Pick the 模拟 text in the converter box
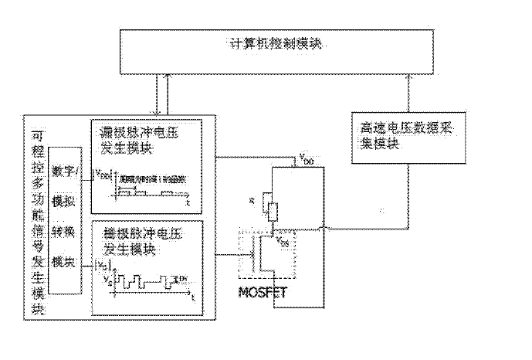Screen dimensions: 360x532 [66, 201]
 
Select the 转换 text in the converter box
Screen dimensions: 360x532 [66, 232]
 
